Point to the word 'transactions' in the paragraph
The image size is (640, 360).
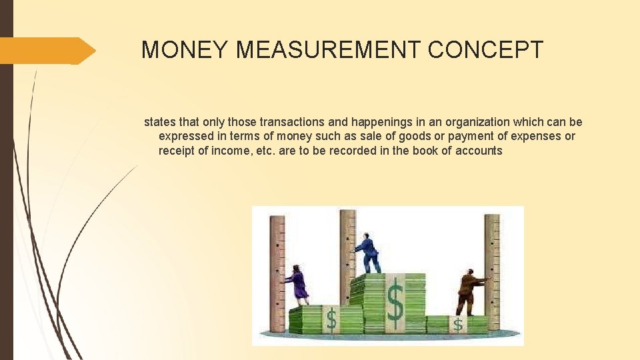[290, 122]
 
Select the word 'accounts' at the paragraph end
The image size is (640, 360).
[479, 150]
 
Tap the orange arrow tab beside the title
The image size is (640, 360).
[47, 51]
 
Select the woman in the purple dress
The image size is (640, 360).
[297, 283]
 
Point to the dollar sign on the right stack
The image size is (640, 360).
[458, 324]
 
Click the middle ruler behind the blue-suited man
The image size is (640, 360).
[347, 247]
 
